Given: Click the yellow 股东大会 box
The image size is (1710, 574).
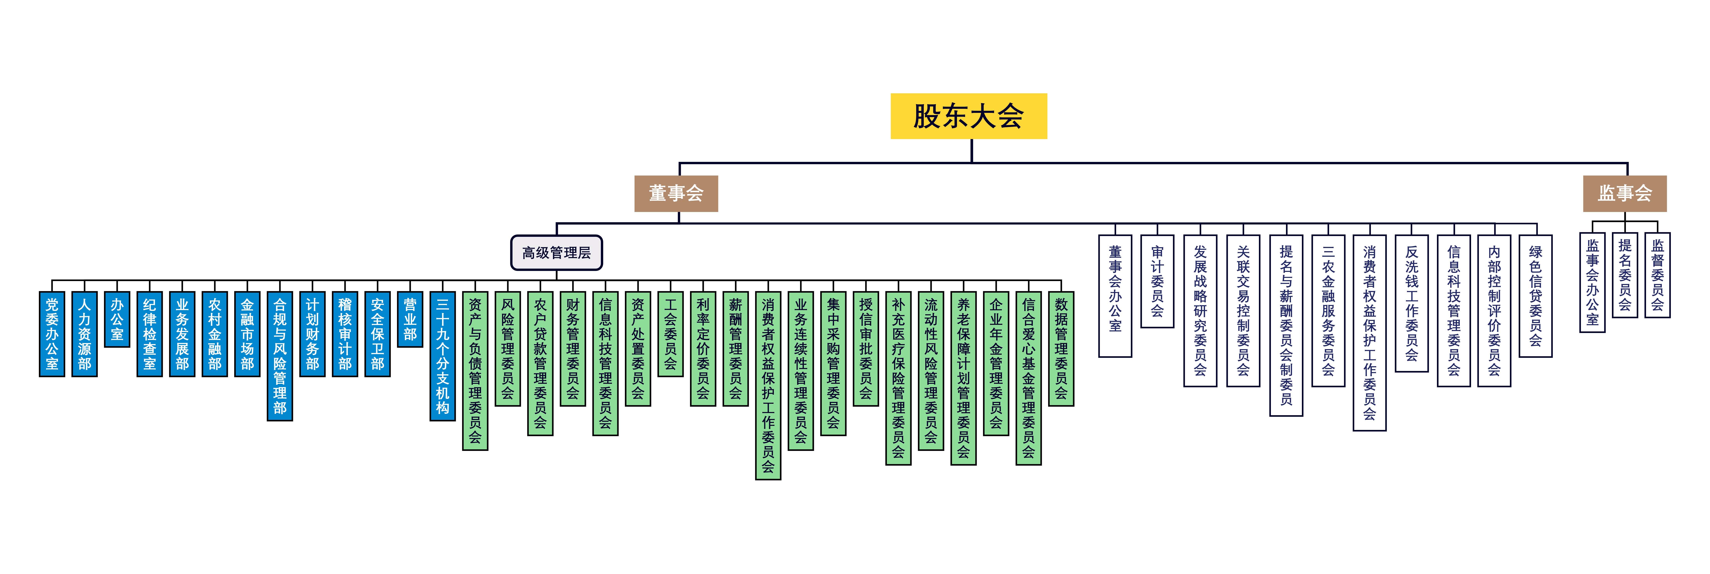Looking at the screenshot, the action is tap(969, 116).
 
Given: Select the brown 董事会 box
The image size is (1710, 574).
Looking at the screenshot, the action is tap(676, 193).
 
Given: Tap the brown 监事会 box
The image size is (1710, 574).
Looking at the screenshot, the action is tap(1624, 193).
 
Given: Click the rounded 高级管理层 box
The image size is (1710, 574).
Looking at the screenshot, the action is tap(556, 252).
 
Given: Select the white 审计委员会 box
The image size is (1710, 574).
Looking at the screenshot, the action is tap(1157, 281).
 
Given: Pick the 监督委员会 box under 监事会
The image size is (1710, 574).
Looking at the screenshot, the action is tap(1657, 275).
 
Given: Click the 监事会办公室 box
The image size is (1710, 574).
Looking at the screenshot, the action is tap(1593, 282).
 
